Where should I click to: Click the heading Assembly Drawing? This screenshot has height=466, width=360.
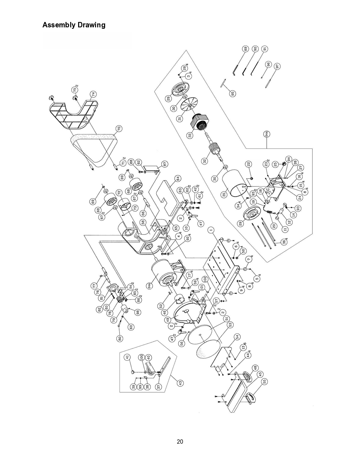pos(74,25)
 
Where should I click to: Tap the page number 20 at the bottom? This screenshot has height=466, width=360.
pos(180,442)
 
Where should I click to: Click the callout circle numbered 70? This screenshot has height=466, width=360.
pos(119,128)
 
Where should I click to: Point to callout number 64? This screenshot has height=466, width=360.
pos(177,178)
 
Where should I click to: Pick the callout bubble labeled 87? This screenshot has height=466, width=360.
pos(165,164)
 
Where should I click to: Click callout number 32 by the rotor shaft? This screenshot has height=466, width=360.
pos(205,161)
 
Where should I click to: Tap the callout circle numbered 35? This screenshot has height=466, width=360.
pos(224,194)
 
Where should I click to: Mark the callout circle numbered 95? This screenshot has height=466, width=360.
pos(233,93)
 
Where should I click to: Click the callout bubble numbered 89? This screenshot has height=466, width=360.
pos(246,49)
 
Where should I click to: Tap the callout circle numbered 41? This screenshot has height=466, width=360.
pos(127,357)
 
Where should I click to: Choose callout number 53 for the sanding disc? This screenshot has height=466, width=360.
pos(230,324)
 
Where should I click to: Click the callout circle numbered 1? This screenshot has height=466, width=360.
pos(211,230)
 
